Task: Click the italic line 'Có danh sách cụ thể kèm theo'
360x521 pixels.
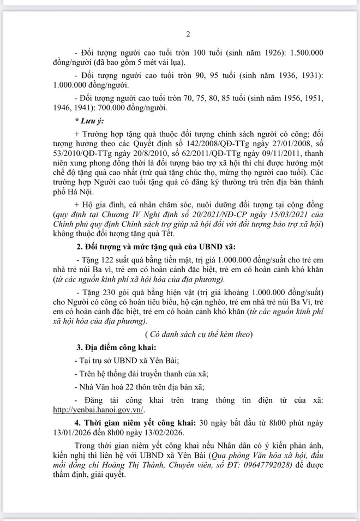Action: coord(199,334)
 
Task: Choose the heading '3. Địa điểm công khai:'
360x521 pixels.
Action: coord(115,348)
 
